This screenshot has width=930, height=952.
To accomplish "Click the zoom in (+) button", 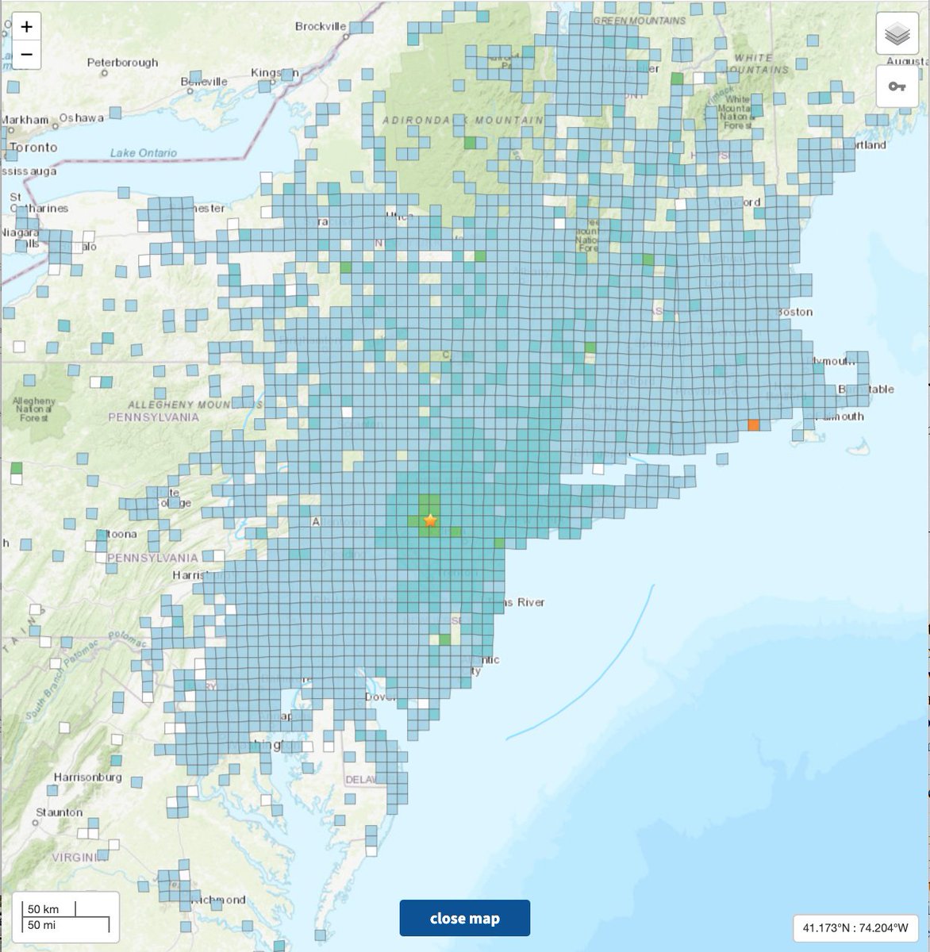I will click(x=27, y=27).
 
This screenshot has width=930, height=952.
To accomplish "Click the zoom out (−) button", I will click(x=27, y=54).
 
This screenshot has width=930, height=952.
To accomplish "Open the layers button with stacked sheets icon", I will click(x=897, y=34).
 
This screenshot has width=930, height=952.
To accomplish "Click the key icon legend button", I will click(x=897, y=86).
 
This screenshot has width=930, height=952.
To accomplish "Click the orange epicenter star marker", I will click(x=430, y=520).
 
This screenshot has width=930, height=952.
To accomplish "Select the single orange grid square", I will click(x=753, y=425).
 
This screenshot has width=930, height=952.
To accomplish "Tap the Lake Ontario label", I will click(x=144, y=153).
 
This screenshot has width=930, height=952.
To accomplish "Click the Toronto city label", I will click(x=33, y=148).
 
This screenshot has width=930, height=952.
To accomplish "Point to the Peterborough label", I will click(x=122, y=63).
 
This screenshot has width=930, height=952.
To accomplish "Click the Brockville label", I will click(x=321, y=26).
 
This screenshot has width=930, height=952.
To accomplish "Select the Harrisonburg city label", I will click(x=88, y=777).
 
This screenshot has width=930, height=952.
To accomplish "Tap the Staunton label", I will click(x=60, y=812).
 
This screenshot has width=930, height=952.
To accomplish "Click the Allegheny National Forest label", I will click(x=34, y=409).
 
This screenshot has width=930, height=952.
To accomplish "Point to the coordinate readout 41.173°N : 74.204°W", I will click(x=855, y=927).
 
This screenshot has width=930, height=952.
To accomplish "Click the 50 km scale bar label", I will click(x=44, y=909).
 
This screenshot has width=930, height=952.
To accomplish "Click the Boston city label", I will click(x=795, y=312).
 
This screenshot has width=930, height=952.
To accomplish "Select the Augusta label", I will click(x=907, y=61).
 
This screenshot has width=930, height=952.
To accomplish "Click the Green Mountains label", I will click(x=639, y=20).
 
